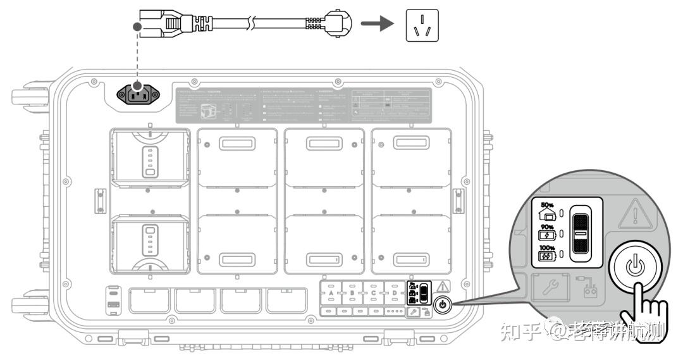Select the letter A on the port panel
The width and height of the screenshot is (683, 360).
tap(331, 293)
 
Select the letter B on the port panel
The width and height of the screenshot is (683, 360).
tap(352, 293)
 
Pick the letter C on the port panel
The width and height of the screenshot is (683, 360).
tap(373, 293)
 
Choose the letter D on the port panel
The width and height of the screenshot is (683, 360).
tap(394, 293)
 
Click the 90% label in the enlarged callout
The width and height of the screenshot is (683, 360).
tap(547, 227)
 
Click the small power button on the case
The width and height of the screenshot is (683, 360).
tap(442, 304)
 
